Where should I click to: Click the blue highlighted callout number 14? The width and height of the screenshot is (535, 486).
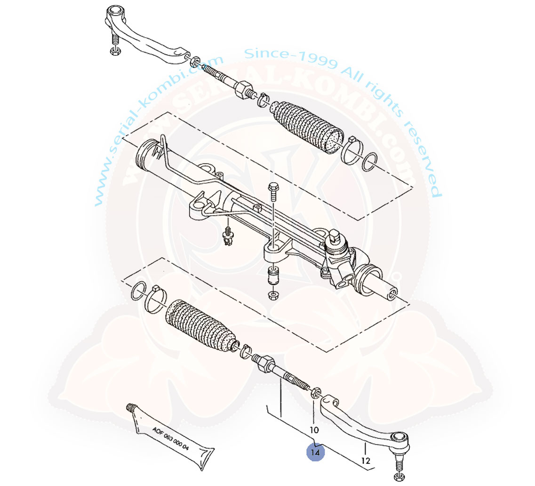pyautogui.click(x=316, y=452)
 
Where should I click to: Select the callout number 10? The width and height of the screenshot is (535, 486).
pyautogui.click(x=314, y=430)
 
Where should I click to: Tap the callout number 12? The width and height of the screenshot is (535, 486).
pyautogui.click(x=366, y=460)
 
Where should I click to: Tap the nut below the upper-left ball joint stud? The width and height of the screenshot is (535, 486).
pyautogui.click(x=114, y=51)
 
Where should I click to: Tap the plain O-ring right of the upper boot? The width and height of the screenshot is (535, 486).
pyautogui.click(x=370, y=162)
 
